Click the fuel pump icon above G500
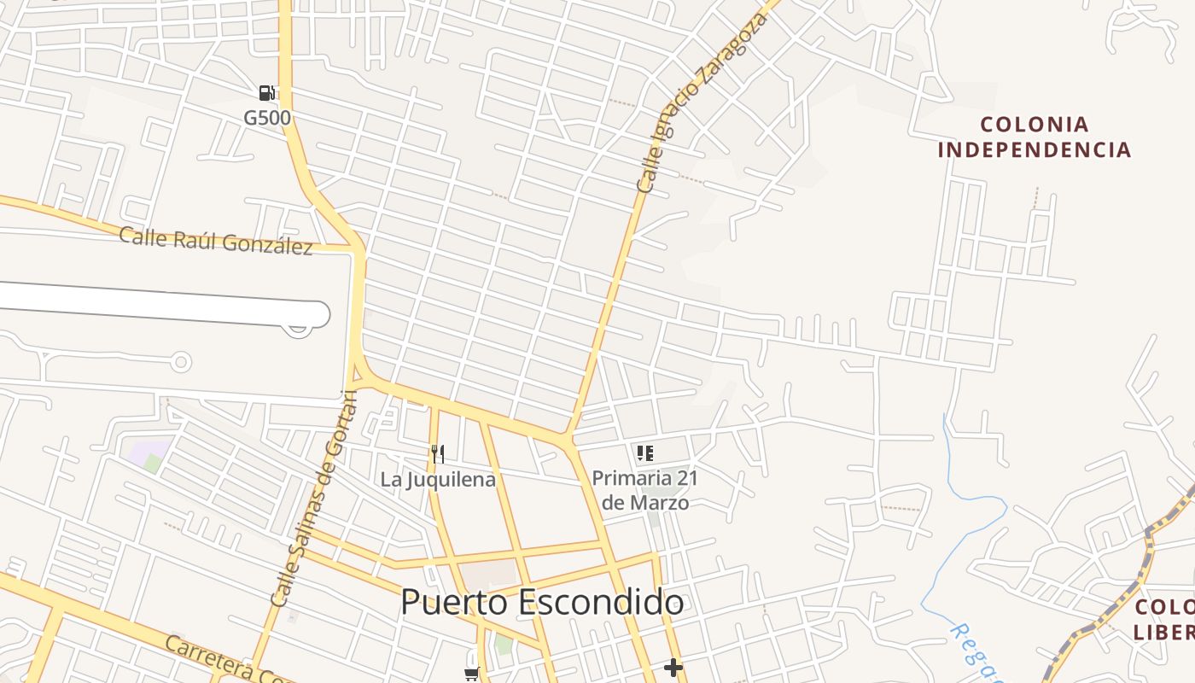pos(267,92)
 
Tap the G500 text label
pos(267,117)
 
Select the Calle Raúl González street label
pos(216,240)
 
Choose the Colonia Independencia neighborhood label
pos(1035,137)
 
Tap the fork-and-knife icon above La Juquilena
pos(438,453)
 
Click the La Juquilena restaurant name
pos(438,479)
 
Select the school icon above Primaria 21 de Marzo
pos(645,453)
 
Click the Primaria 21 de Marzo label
pos(645,490)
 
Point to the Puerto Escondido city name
pos(542,602)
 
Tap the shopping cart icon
pos(471,674)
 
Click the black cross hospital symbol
pos(673,667)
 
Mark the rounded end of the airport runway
pos(318,314)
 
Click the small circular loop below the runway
pos(180,362)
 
